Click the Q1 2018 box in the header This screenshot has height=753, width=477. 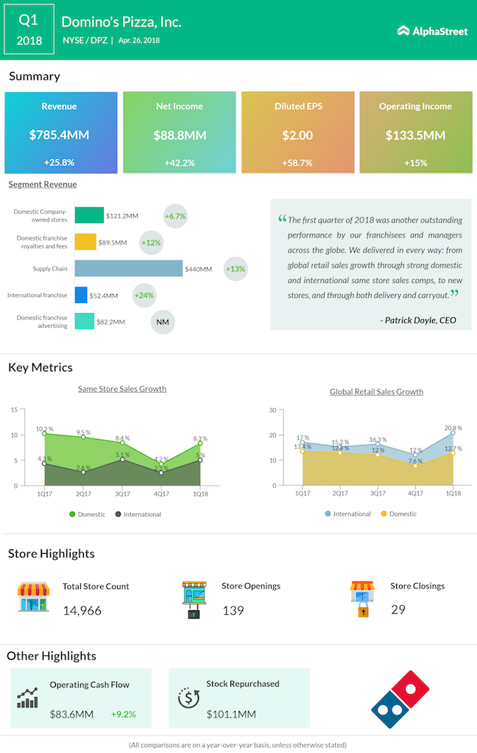[x=29, y=30]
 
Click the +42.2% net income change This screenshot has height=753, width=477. [x=179, y=163]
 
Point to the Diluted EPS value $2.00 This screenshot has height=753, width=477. [x=297, y=135]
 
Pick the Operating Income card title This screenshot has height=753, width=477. [x=415, y=107]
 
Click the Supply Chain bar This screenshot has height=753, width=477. [x=129, y=268]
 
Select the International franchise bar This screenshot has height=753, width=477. [x=81, y=296]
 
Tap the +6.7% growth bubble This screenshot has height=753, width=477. [x=176, y=216]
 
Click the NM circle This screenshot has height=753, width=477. [x=162, y=321]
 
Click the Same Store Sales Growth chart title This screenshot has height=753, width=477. [x=122, y=389]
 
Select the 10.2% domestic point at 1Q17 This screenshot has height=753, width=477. [x=45, y=434]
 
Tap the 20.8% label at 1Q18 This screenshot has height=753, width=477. [x=453, y=427]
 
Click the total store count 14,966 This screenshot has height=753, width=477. [x=82, y=610]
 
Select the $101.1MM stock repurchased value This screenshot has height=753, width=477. [x=231, y=714]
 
